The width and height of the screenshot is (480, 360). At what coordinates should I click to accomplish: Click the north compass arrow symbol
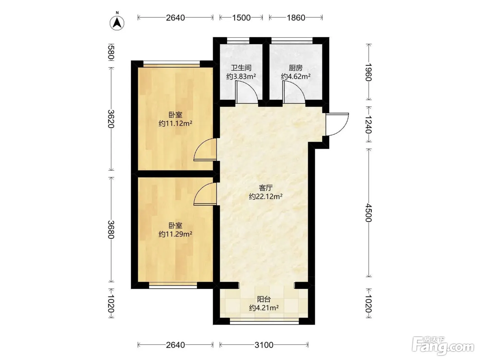[x=117, y=23]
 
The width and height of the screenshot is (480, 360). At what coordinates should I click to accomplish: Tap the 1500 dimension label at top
[x=241, y=18]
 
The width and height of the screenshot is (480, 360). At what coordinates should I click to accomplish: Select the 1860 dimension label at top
[x=296, y=18]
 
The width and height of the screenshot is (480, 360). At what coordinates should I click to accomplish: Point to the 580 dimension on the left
[x=111, y=52]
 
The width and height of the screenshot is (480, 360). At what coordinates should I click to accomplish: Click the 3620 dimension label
[x=111, y=119]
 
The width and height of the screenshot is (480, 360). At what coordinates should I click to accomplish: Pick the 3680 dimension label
[x=111, y=229]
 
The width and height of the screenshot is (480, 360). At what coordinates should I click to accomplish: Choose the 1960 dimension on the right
[x=369, y=72]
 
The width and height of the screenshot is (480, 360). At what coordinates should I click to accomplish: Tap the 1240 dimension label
[x=369, y=124]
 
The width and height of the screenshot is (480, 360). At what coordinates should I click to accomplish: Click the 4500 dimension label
[x=369, y=213]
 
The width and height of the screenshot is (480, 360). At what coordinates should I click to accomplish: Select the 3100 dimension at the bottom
[x=264, y=345]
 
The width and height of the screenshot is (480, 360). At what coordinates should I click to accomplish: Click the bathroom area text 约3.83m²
[x=241, y=76]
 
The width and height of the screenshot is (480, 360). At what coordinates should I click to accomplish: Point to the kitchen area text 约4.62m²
[x=296, y=76]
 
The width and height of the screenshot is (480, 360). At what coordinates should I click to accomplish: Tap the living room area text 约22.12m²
[x=265, y=196]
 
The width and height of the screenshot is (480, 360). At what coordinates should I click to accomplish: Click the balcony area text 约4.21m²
[x=264, y=308]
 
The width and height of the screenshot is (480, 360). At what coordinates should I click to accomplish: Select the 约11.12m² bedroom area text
[x=175, y=123]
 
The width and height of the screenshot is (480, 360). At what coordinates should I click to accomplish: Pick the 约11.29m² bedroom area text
[x=175, y=234]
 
